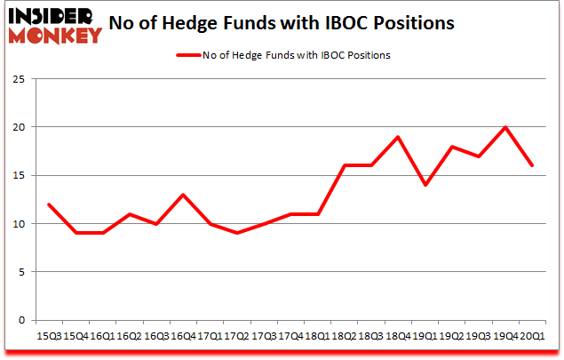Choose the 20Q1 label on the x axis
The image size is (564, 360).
[533, 336]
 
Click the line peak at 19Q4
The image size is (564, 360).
[505, 127]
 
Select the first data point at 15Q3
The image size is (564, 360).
[50, 204]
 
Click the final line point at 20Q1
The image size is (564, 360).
[531, 165]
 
